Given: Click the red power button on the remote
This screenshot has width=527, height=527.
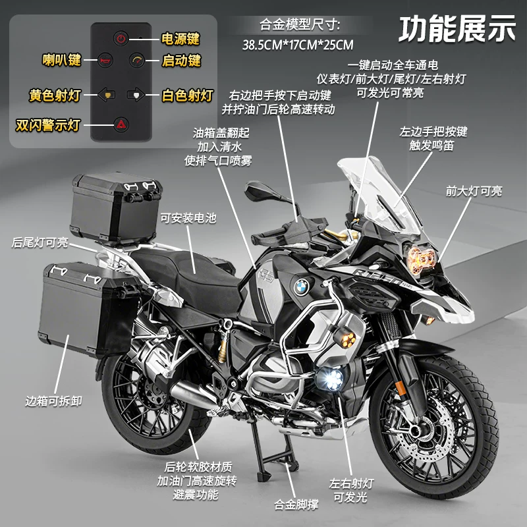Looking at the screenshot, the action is click(x=121, y=38).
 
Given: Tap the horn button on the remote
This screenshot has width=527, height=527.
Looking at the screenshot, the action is click(x=105, y=61).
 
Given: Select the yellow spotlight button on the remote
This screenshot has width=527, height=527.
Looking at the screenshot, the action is click(x=107, y=95).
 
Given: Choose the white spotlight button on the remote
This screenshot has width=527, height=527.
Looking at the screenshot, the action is click(x=136, y=94).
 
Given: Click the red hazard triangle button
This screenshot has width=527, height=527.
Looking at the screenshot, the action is click(x=121, y=125).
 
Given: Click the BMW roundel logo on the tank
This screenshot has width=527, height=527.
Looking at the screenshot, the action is click(x=301, y=287).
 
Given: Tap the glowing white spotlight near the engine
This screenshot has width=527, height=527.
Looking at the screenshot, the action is click(x=330, y=378).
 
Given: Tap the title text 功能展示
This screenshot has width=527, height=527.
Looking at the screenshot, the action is click(x=457, y=29).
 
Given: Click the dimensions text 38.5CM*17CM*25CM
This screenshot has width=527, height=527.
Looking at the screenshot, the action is click(x=298, y=45).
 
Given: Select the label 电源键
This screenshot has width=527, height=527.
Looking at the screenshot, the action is click(x=180, y=39).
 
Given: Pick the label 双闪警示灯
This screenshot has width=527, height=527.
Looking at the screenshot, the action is click(x=47, y=125).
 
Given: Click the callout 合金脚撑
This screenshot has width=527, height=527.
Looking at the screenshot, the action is click(x=296, y=505).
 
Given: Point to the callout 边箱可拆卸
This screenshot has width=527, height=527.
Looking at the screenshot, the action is click(x=54, y=401).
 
